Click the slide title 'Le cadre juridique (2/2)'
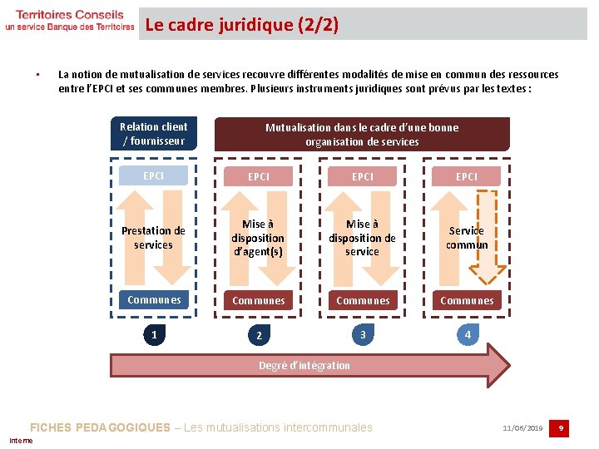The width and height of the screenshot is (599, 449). tap(242, 25)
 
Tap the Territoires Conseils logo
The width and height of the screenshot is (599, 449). tap(69, 21)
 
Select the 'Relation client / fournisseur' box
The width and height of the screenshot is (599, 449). tap(154, 134)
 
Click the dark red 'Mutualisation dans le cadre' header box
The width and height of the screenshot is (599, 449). tap(362, 134)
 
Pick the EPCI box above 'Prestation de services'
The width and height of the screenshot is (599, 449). tap(154, 176)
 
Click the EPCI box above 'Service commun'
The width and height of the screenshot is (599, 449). tap(467, 176)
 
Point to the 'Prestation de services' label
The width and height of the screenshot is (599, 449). tap(153, 238)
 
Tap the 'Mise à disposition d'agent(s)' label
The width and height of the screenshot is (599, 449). tap(258, 238)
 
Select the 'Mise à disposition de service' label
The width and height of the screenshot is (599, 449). tap(362, 238)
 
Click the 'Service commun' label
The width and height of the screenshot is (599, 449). tap(467, 238)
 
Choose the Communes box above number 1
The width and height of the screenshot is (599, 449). tap(154, 300)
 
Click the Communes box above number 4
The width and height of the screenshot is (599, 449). tap(467, 300)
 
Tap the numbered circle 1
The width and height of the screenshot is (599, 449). tap(154, 335)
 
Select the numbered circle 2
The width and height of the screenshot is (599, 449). tap(259, 335)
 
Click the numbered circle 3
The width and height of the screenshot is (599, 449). tap(363, 335)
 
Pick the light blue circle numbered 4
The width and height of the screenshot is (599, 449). tap(468, 335)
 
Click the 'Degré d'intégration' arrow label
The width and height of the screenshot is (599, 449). tap(304, 366)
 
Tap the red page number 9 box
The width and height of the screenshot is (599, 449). tap(562, 428)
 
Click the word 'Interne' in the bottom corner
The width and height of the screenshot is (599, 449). tap(21, 441)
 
